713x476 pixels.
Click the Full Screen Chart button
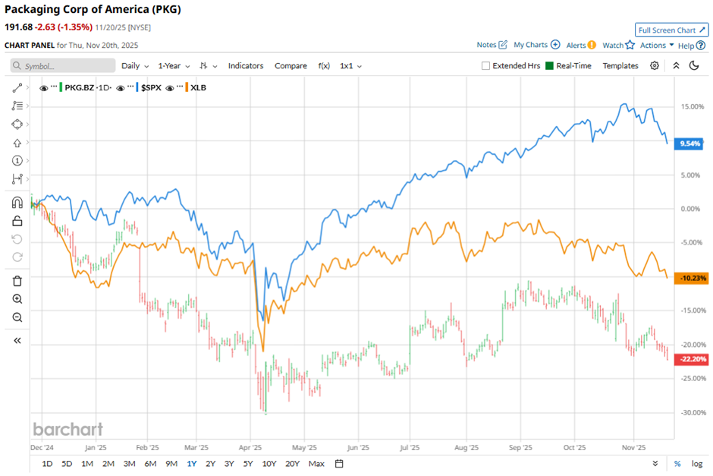pos(671,30)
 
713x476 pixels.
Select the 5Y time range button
pos(248,464)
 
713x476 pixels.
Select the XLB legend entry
pos(198,87)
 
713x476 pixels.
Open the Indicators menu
pos(246,66)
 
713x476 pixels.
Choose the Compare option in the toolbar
pos(291,66)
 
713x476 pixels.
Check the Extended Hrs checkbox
pos(486,66)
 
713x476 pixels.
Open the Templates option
pos(620,66)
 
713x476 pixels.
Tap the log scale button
pos(696,464)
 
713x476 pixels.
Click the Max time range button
pos(316,464)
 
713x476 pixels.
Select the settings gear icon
pos(655,66)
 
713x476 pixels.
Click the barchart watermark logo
pos(68,429)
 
